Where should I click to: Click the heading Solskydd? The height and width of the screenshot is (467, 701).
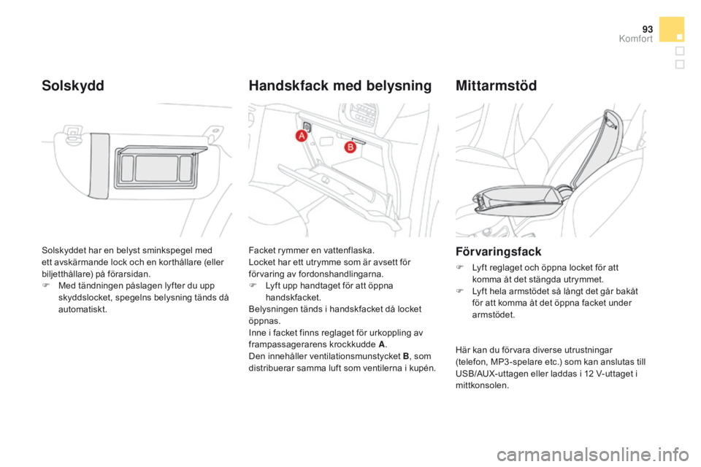(72, 85)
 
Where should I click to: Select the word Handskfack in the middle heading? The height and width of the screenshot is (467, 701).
(285, 85)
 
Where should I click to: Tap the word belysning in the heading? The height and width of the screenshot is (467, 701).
(394, 85)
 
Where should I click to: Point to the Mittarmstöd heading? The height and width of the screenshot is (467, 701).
(496, 85)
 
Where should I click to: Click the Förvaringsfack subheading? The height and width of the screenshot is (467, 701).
(497, 251)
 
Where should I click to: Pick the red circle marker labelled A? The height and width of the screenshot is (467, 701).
(300, 139)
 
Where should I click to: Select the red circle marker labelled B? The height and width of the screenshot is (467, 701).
(349, 147)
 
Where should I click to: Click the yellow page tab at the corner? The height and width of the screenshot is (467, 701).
(671, 29)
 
